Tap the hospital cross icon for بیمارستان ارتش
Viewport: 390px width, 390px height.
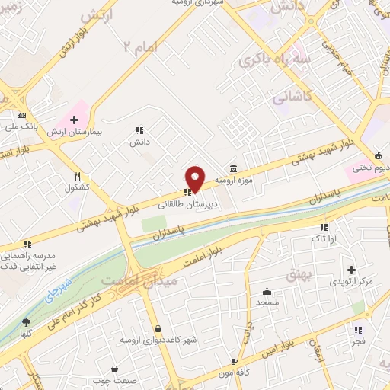point(75,118)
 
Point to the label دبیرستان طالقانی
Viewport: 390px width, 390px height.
point(188,205)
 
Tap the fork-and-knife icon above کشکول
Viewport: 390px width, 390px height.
point(77,175)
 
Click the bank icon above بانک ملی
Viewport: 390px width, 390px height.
point(21,115)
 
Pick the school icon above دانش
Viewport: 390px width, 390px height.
point(139,130)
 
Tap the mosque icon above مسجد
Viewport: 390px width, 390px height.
point(267,291)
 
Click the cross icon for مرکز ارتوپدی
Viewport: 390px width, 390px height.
point(351,270)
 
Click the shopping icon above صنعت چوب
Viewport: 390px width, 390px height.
point(114,369)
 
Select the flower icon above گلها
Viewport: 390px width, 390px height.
point(26,323)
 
